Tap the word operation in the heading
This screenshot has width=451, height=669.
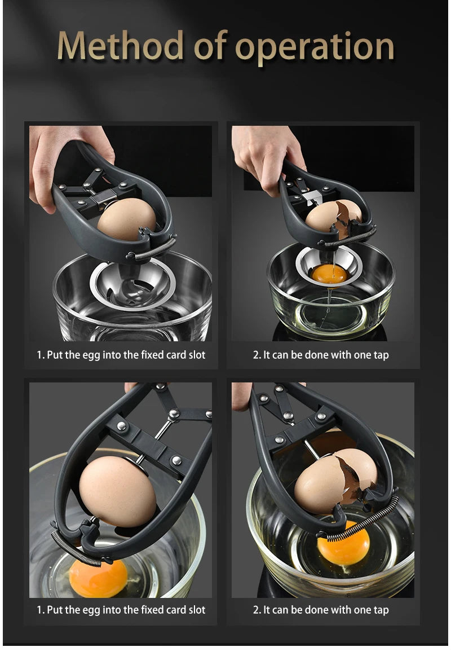pyautogui.click(x=315, y=47)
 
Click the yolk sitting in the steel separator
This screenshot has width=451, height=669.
pyautogui.click(x=330, y=274)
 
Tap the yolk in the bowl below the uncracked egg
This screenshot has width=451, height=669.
pyautogui.click(x=98, y=578)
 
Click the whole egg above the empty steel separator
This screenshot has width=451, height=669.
pyautogui.click(x=126, y=219)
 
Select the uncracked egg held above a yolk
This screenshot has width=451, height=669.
pyautogui.click(x=117, y=491)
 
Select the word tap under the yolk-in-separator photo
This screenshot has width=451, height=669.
pyautogui.click(x=381, y=355)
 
